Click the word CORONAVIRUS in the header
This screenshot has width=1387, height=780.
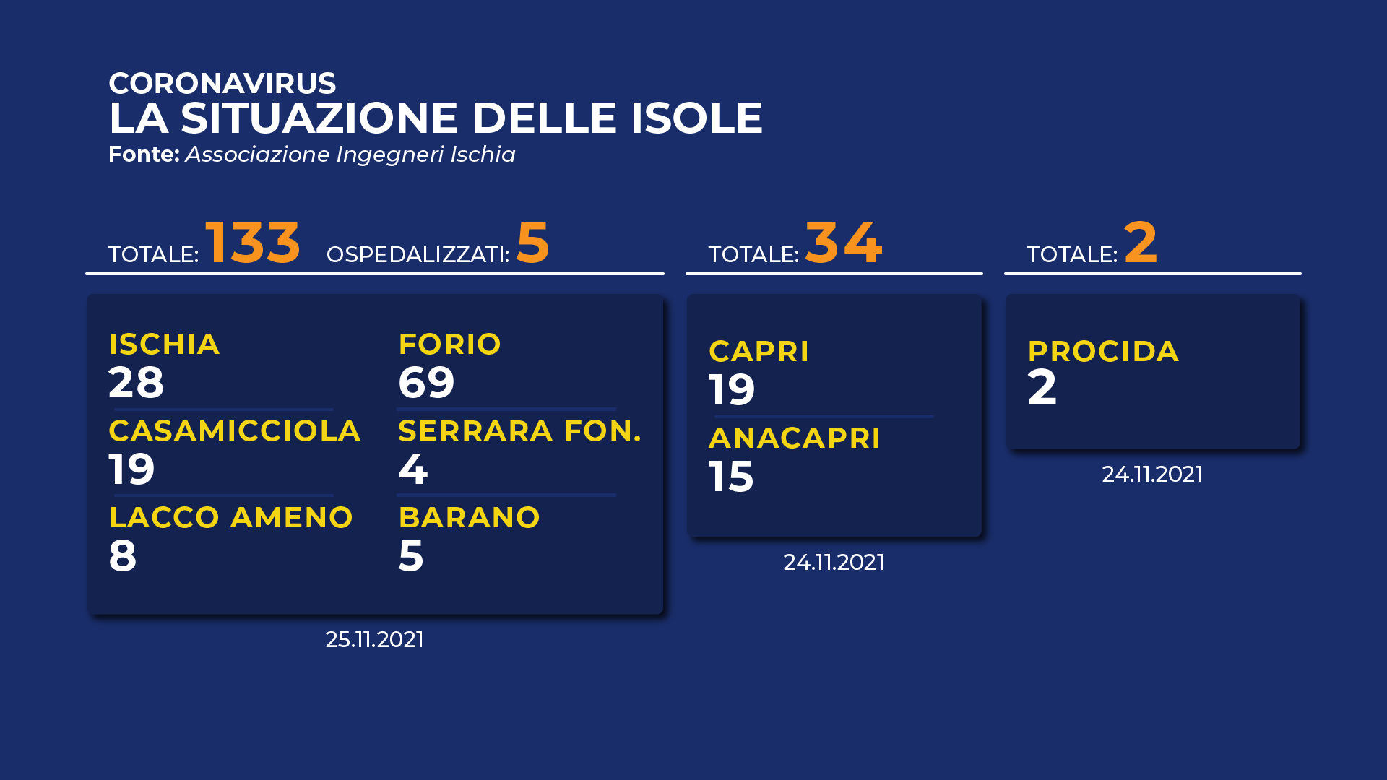(x=222, y=83)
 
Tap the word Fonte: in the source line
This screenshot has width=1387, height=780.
(x=144, y=154)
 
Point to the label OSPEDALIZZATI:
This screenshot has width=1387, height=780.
(x=418, y=254)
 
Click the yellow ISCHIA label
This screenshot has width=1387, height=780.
(x=164, y=344)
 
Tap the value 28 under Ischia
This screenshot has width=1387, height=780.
(x=136, y=382)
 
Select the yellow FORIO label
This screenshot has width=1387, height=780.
(x=449, y=344)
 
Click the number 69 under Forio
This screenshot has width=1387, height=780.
(x=426, y=382)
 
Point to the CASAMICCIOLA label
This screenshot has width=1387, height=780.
(x=234, y=430)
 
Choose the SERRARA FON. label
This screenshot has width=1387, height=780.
(x=519, y=430)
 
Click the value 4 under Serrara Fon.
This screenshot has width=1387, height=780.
(x=412, y=469)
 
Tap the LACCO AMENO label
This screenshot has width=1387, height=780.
(x=230, y=517)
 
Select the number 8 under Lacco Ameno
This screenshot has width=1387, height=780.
(x=122, y=555)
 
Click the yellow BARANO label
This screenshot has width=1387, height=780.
(x=469, y=517)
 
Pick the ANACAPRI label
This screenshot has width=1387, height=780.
(x=795, y=438)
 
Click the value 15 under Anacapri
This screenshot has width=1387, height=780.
(x=731, y=477)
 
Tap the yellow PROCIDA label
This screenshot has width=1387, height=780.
(x=1103, y=351)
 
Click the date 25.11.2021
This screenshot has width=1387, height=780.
(x=374, y=639)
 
